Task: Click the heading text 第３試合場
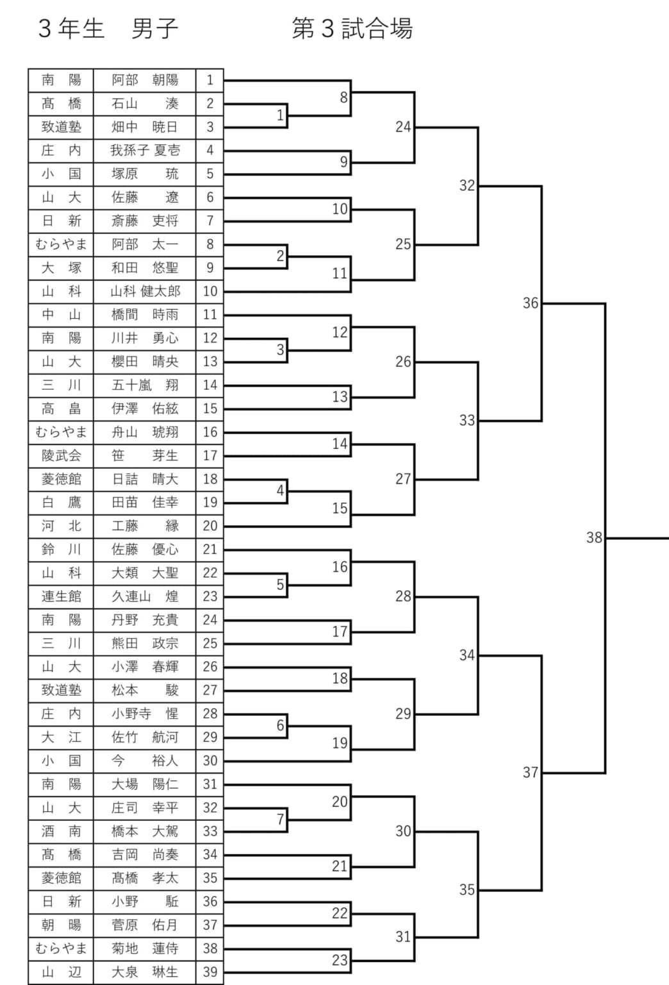pyautogui.click(x=352, y=29)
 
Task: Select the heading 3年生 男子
pyautogui.click(x=108, y=29)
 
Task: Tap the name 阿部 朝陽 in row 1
pyautogui.click(x=145, y=80)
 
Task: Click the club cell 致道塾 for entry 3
pyautogui.click(x=61, y=127)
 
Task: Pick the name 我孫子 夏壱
pyautogui.click(x=145, y=151)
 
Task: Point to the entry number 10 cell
pyautogui.click(x=210, y=291)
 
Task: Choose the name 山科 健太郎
pyautogui.click(x=145, y=291)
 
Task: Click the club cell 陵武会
pyautogui.click(x=61, y=456)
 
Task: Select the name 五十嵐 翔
pyautogui.click(x=145, y=385)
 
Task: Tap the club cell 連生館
pyautogui.click(x=61, y=596)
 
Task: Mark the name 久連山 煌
pyautogui.click(x=145, y=596)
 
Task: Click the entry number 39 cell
pyautogui.click(x=210, y=972)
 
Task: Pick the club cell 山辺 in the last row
pyautogui.click(x=61, y=972)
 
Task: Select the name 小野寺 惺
pyautogui.click(x=145, y=714)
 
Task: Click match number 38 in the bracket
pyautogui.click(x=594, y=537)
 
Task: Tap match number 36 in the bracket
pyautogui.click(x=531, y=303)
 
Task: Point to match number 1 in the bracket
pyautogui.click(x=280, y=115)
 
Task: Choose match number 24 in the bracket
pyautogui.click(x=403, y=126)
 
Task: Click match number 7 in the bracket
pyautogui.click(x=280, y=819)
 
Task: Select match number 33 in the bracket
pyautogui.click(x=467, y=420)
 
